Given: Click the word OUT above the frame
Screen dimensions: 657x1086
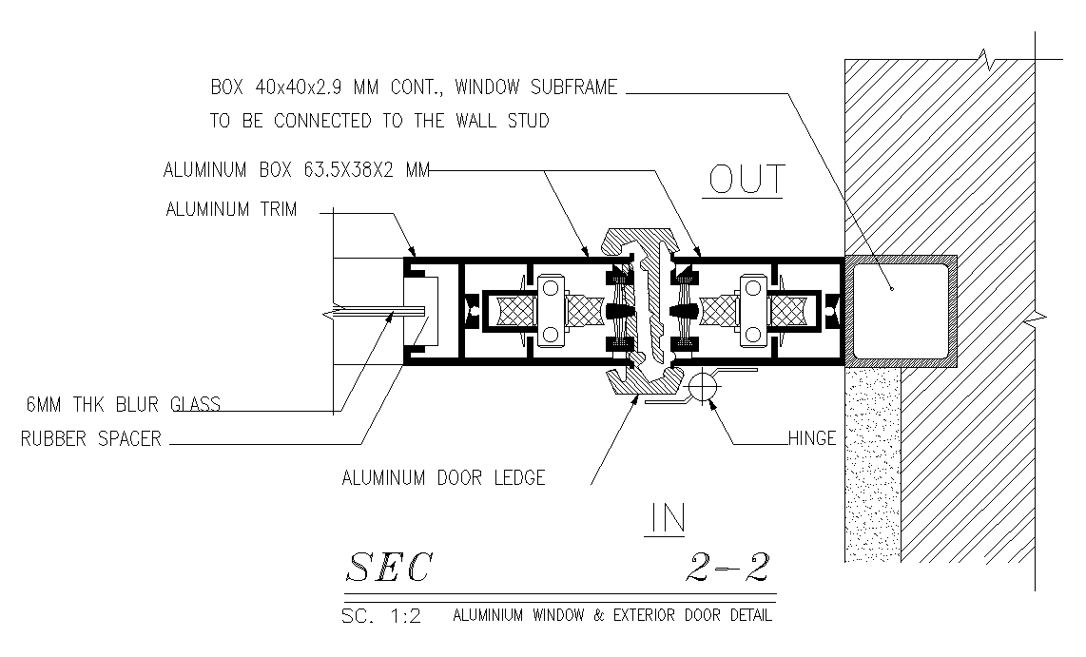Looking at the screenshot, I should point(744,179).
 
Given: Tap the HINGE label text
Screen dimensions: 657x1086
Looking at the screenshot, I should point(811,438).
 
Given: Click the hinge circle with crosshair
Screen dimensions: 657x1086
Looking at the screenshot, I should point(703,386).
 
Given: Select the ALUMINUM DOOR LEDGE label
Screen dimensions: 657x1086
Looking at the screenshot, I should point(443,477).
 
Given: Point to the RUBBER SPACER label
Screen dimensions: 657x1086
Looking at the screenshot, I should point(90,439).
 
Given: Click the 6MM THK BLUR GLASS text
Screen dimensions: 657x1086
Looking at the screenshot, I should point(122,405).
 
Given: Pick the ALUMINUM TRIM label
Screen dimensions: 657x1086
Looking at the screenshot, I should point(230,210).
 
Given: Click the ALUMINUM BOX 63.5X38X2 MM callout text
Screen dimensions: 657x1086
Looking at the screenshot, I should point(297,171).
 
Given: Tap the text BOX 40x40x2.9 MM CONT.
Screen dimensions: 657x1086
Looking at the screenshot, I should point(327,87).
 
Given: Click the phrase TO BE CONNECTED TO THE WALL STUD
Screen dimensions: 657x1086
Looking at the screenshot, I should point(379,122).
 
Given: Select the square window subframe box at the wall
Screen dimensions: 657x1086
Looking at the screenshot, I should point(900,310).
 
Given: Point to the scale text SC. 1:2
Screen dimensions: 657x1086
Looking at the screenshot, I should point(380,616).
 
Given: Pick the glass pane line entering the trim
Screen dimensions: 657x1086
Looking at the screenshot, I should point(371,311).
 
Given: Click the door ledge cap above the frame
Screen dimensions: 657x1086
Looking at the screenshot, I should point(642,237).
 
